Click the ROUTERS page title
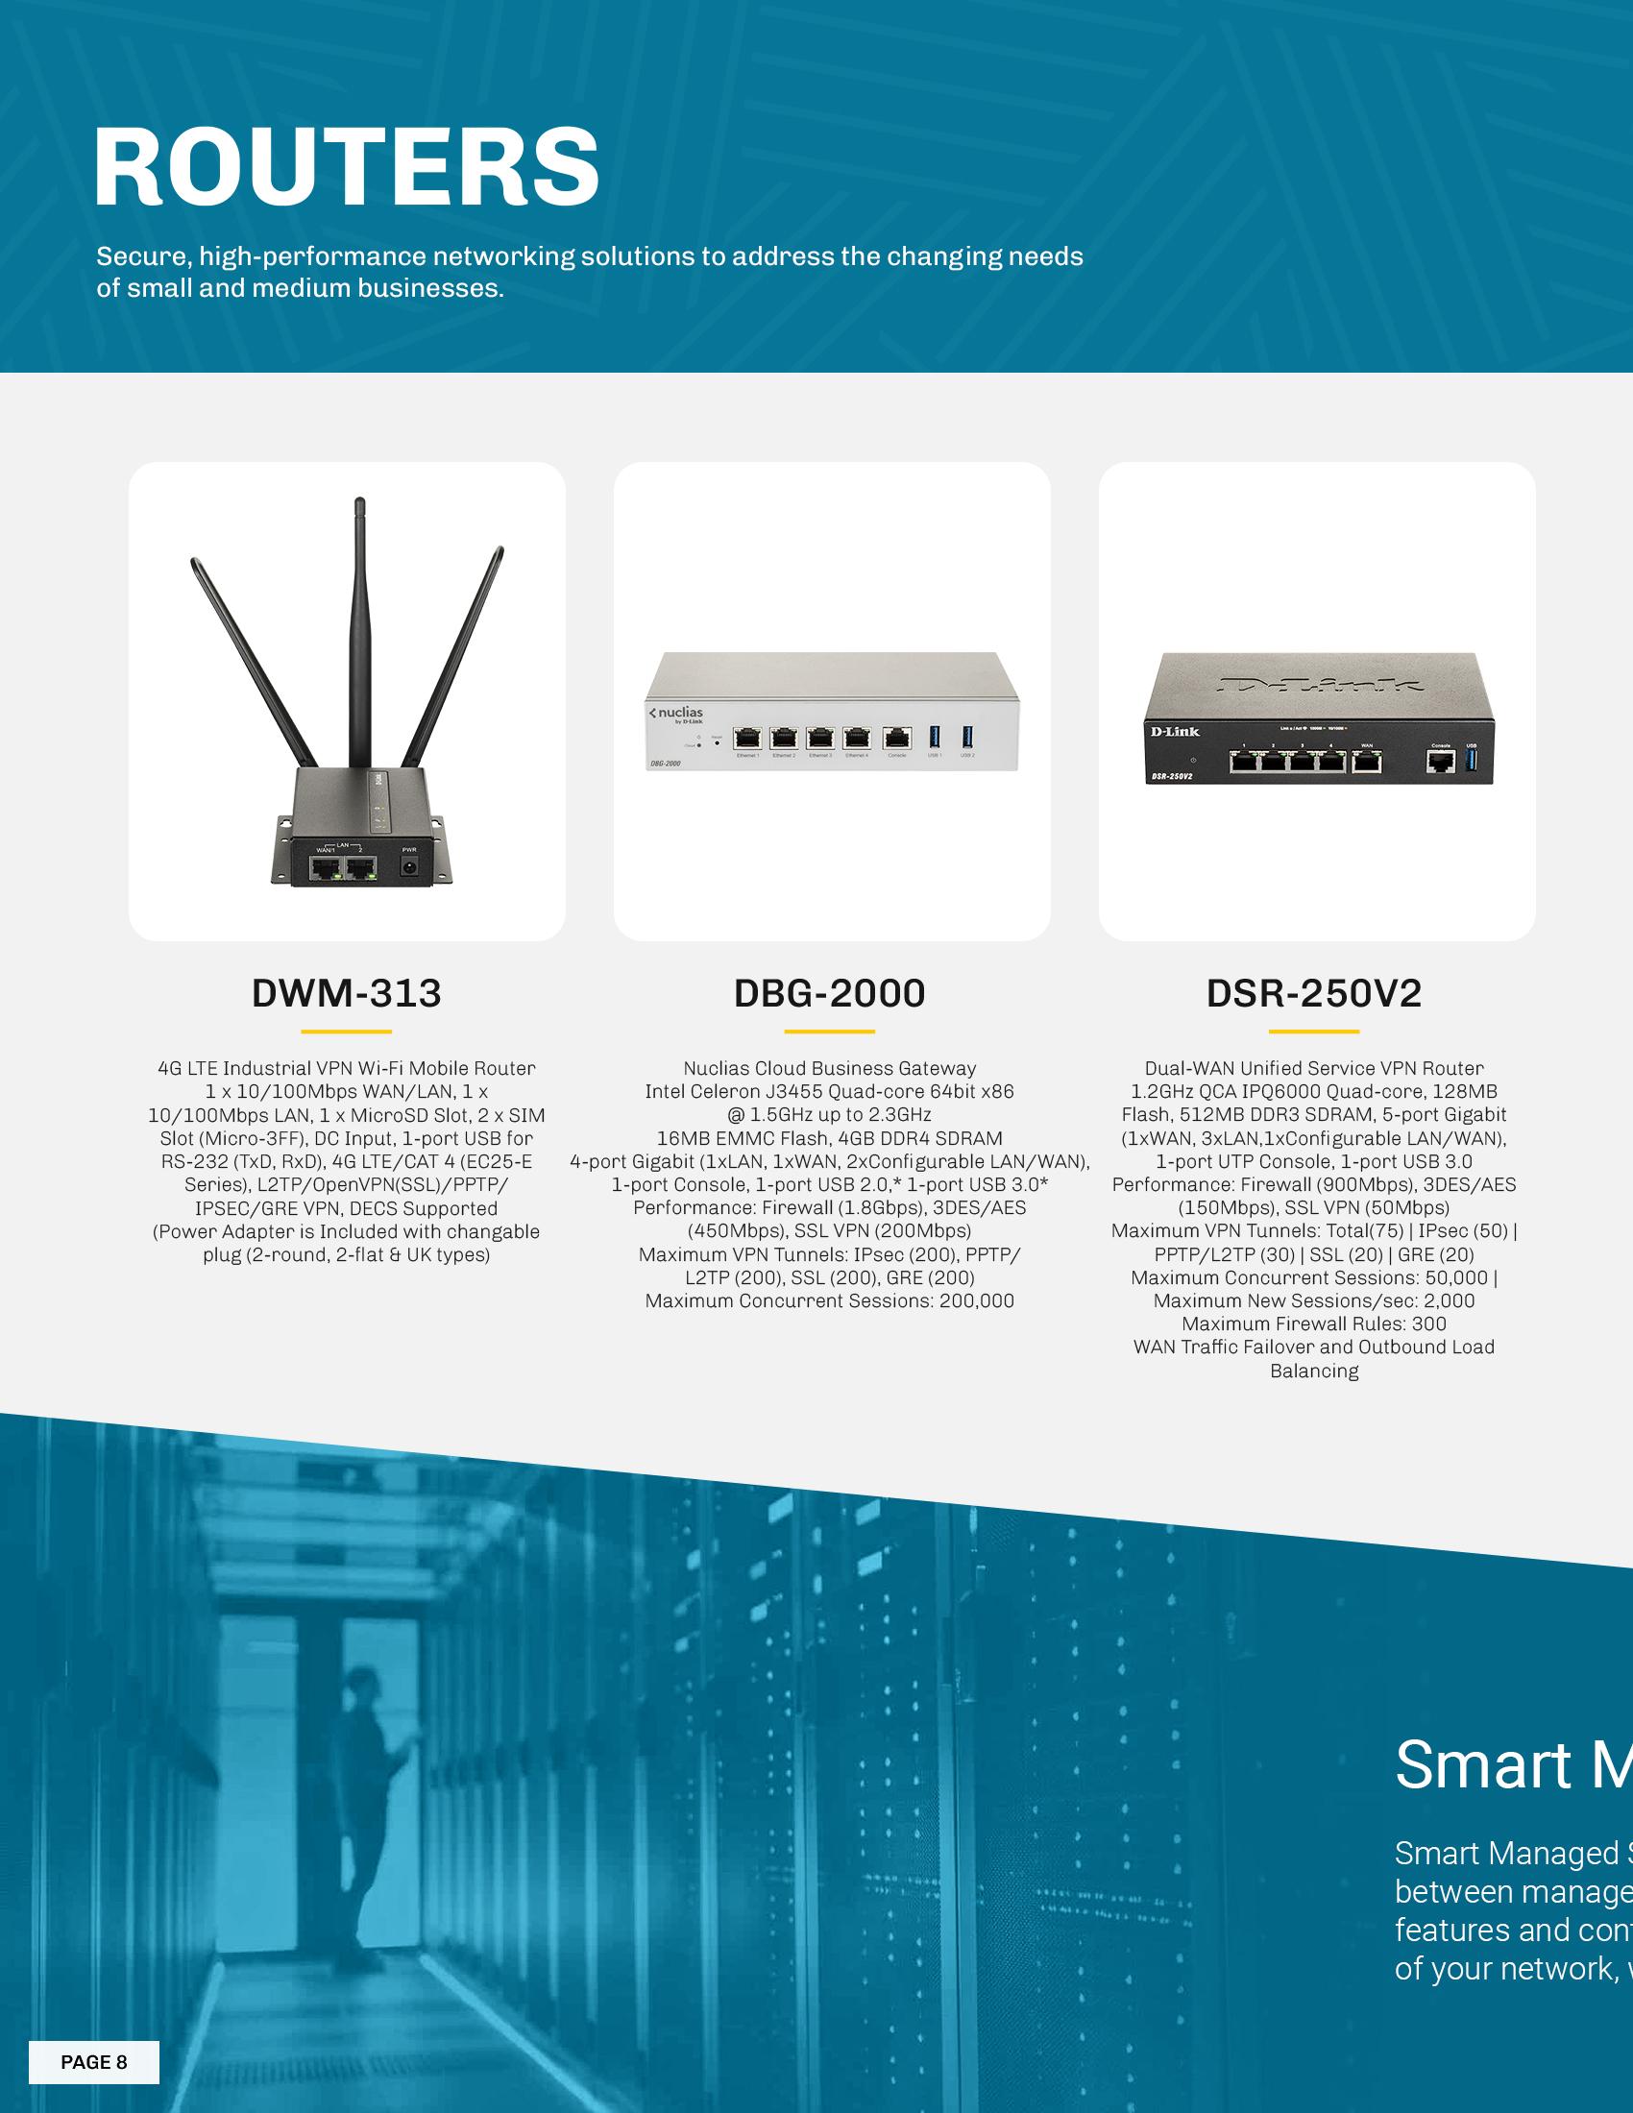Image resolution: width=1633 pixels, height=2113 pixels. point(347,166)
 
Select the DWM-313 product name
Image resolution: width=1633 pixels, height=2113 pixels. point(347,994)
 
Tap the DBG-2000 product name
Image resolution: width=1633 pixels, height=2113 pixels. point(830,994)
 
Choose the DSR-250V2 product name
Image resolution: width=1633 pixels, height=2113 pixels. point(1314,994)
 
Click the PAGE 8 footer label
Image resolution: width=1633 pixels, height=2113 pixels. point(94,2062)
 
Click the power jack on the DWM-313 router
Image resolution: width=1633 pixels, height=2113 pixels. point(409,867)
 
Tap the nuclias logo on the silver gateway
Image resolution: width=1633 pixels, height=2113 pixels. point(677,714)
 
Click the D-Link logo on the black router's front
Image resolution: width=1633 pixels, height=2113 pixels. point(1175,732)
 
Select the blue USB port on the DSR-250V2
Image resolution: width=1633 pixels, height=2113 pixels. point(1472,761)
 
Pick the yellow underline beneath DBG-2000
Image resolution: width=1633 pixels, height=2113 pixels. point(829,1032)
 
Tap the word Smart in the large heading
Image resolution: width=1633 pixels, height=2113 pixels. point(1483,1763)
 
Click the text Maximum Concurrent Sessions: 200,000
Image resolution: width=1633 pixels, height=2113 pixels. point(830,1301)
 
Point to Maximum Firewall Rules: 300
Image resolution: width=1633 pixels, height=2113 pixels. point(1314,1324)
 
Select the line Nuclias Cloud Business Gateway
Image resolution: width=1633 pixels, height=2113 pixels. point(830,1068)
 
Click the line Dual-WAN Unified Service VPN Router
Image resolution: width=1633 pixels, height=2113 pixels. point(1314,1068)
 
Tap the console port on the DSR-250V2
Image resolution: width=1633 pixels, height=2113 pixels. point(1441,762)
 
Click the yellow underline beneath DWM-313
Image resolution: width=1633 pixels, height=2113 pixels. point(347,1032)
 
